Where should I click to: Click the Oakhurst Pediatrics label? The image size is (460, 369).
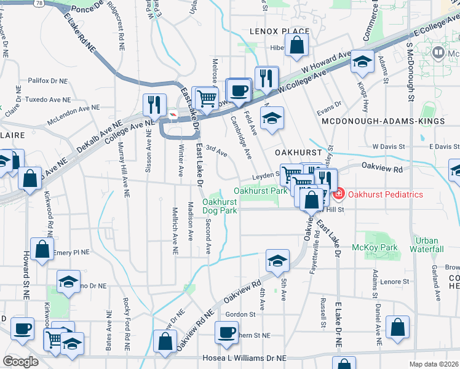coord(385,195)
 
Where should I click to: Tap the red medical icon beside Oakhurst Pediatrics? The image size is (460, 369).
coord(339,195)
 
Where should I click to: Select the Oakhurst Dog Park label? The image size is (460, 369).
coord(220,206)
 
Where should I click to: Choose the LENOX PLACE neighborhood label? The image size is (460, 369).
coord(274,31)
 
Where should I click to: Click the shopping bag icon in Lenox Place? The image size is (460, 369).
coord(296,45)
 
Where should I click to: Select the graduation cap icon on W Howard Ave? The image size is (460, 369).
coord(363,61)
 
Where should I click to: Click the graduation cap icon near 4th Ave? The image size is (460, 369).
coord(277,261)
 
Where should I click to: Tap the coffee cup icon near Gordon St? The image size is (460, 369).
coord(226,333)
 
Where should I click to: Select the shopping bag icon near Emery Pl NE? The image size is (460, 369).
coord(41,250)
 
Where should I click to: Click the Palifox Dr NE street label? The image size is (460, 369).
coord(47,81)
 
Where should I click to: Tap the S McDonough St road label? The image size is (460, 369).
coord(408,73)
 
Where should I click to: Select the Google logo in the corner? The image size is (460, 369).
coord(20,362)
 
